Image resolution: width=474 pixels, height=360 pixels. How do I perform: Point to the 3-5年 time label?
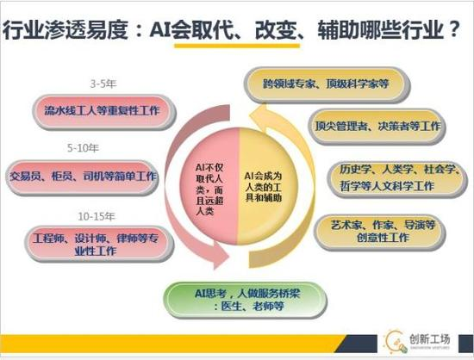pos(103,84)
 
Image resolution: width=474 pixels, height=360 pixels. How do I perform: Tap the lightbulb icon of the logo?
pos(396,339)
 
